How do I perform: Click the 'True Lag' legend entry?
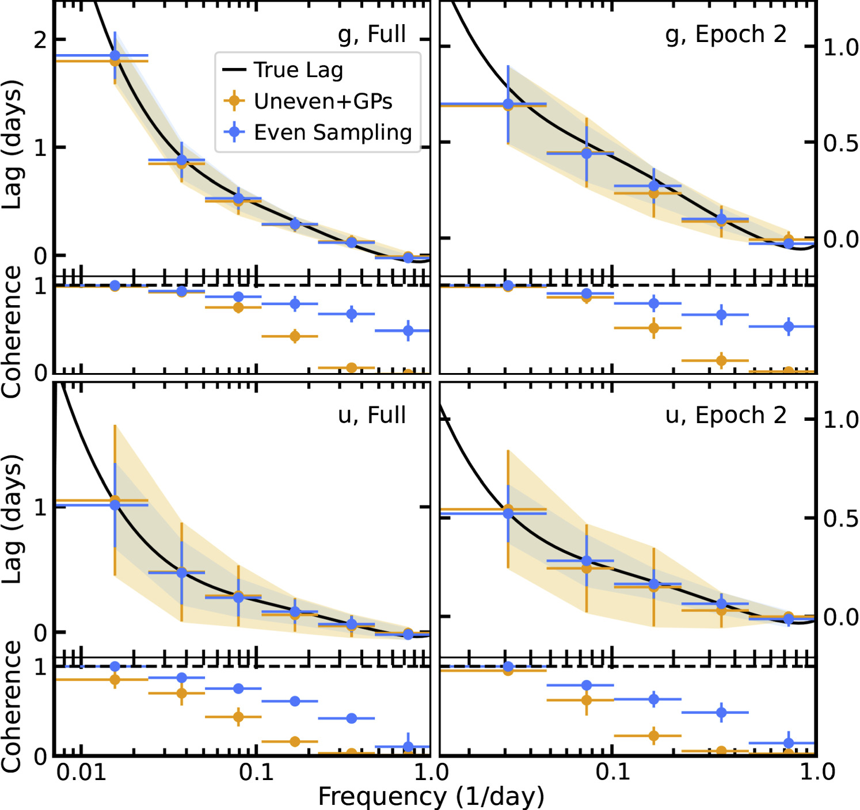(x=298, y=70)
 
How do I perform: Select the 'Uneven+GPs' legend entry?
(x=323, y=101)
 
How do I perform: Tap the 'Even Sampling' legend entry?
(x=333, y=132)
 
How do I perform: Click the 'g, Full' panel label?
(x=372, y=34)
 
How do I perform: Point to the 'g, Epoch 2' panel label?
(x=726, y=35)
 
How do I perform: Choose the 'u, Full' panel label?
(x=372, y=415)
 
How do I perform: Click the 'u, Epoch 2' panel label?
(x=726, y=415)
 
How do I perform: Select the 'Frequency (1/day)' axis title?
(x=431, y=796)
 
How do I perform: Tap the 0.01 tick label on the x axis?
(x=81, y=772)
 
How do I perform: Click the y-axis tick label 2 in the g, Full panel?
(x=40, y=40)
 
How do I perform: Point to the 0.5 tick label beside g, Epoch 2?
(x=841, y=143)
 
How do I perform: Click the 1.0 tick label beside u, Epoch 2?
(x=841, y=420)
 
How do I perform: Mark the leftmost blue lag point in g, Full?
(x=115, y=56)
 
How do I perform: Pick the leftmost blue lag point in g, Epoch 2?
(x=508, y=104)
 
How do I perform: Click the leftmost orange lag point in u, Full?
(x=115, y=500)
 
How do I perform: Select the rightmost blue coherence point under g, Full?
(x=408, y=330)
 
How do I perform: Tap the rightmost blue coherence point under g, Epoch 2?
(x=789, y=326)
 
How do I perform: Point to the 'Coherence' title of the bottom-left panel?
(x=13, y=706)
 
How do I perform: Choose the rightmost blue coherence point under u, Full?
(x=408, y=747)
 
